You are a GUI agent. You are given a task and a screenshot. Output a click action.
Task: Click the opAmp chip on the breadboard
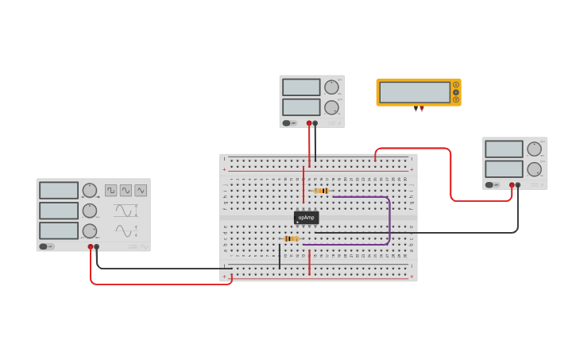306,217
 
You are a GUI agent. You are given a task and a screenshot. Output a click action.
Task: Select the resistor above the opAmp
321,191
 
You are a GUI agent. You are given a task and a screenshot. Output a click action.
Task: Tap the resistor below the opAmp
291,238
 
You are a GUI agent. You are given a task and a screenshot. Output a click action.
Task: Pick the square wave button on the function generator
111,191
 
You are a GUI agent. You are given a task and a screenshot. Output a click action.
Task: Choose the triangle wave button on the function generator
141,191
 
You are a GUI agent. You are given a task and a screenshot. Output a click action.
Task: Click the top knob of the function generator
90,190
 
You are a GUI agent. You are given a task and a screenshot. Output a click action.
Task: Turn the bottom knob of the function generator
90,231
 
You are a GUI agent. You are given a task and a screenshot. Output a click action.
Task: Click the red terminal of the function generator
91,247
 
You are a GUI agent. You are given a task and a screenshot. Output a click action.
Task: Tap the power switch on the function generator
48,246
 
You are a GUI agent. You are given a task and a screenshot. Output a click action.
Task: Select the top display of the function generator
59,191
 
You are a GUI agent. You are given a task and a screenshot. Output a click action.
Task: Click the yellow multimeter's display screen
415,92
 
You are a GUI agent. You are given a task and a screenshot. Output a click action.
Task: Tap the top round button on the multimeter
456,84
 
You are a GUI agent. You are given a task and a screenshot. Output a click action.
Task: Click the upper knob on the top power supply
331,87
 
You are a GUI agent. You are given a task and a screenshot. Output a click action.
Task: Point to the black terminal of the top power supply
315,123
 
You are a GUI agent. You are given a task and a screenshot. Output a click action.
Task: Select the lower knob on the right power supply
534,168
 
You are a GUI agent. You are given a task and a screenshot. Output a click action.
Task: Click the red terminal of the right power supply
512,185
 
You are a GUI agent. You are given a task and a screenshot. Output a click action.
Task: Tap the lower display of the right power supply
504,169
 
